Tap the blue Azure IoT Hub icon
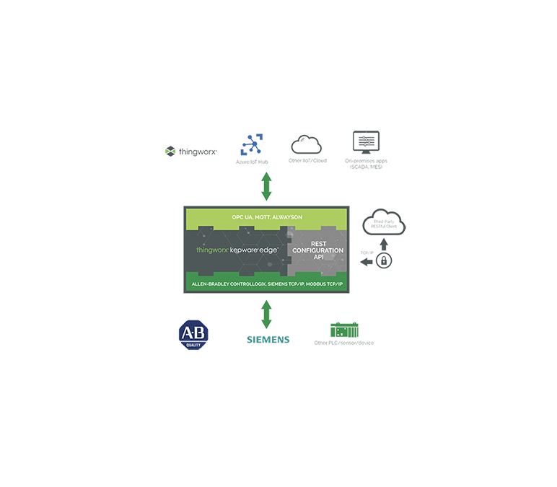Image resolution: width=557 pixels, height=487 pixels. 251,144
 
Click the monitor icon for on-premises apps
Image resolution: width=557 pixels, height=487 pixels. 366,142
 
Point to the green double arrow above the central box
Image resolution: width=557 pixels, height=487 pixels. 266,187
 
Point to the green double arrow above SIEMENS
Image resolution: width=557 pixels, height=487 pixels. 266,315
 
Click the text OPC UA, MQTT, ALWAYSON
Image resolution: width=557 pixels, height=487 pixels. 266,217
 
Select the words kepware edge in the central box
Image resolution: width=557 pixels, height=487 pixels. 258,250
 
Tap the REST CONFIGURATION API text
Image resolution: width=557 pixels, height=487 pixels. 317,250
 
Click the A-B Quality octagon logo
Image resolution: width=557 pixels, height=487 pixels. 193,334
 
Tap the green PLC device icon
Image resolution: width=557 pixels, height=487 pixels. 345,330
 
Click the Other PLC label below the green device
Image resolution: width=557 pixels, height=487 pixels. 345,343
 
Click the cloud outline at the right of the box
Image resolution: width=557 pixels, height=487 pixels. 385,222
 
